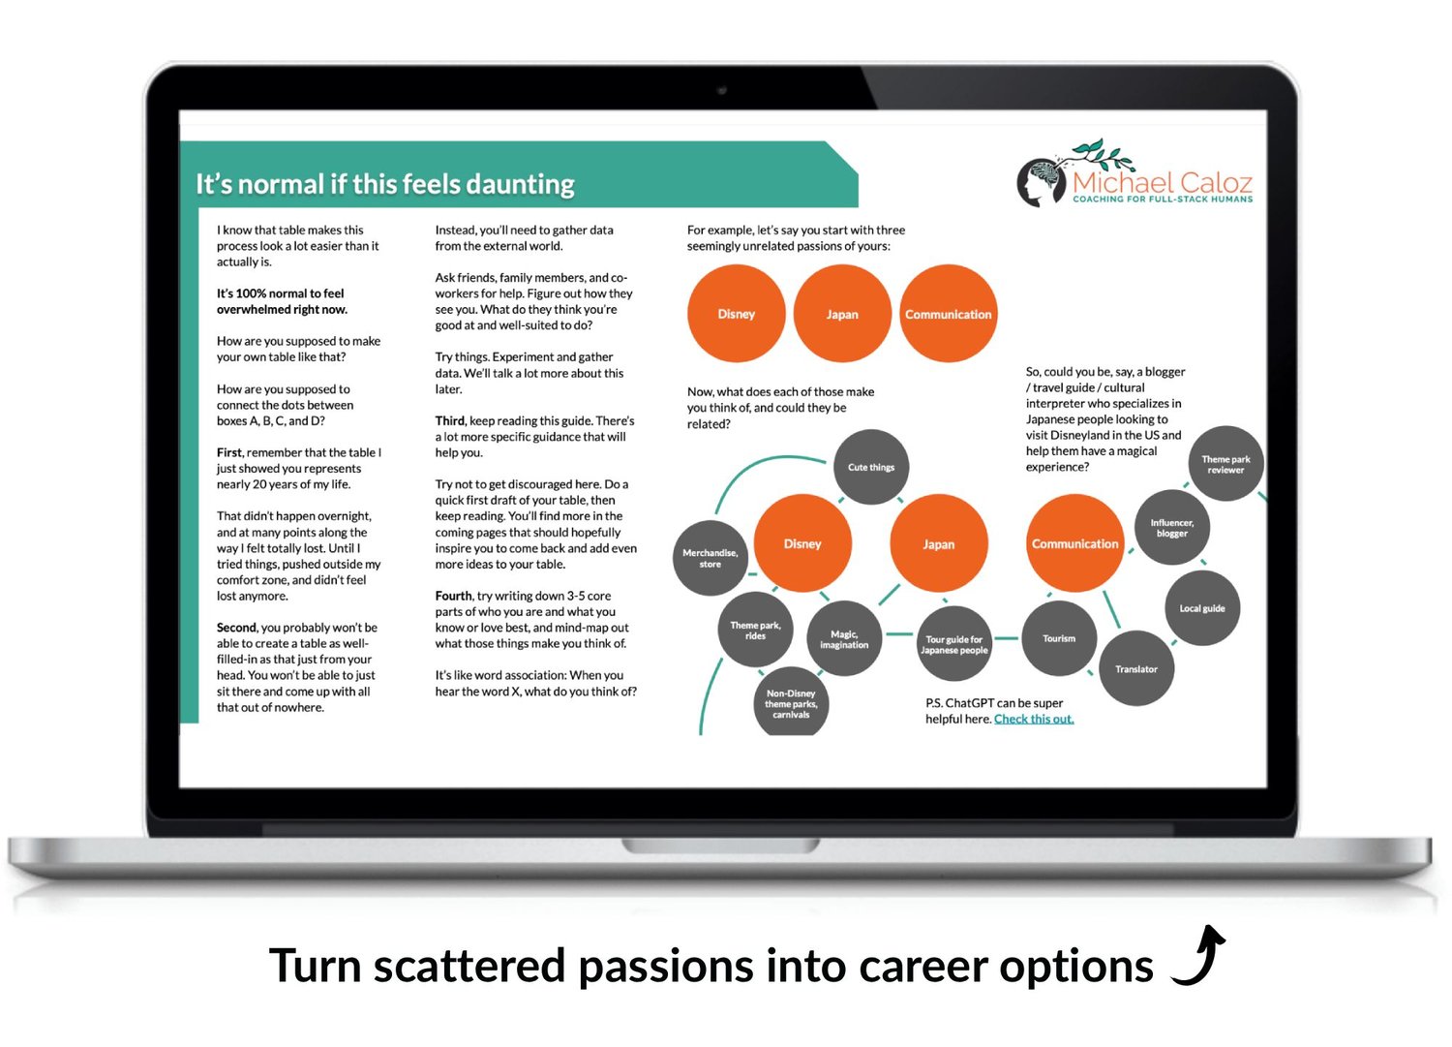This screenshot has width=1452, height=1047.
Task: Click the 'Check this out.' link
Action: (x=1034, y=719)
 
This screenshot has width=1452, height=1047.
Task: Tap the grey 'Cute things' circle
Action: (x=871, y=467)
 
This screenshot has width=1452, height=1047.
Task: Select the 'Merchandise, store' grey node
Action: (x=711, y=558)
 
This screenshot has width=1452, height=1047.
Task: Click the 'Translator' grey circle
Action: (x=1136, y=669)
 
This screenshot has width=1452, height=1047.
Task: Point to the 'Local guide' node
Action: (x=1202, y=608)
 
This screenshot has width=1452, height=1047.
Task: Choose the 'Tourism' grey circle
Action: (x=1059, y=638)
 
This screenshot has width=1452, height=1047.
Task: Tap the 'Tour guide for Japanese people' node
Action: (x=954, y=644)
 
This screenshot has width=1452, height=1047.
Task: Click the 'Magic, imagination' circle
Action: (x=844, y=639)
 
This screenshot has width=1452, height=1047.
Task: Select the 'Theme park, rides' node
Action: (x=755, y=630)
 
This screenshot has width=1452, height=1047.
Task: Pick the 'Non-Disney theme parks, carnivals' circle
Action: (x=791, y=702)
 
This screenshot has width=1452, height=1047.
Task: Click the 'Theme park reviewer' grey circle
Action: (x=1225, y=464)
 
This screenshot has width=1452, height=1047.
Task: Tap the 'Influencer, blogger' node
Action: (x=1172, y=528)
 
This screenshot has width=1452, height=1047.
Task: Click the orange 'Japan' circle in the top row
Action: (x=842, y=314)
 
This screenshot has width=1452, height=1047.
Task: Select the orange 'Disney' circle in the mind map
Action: (x=802, y=543)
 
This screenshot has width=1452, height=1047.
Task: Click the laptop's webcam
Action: (x=722, y=90)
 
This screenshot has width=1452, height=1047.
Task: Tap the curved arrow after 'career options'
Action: (x=1199, y=956)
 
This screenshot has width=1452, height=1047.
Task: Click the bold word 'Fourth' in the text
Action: (x=454, y=596)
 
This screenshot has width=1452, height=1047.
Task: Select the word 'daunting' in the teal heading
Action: (x=520, y=185)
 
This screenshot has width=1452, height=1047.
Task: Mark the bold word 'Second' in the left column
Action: (x=236, y=628)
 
